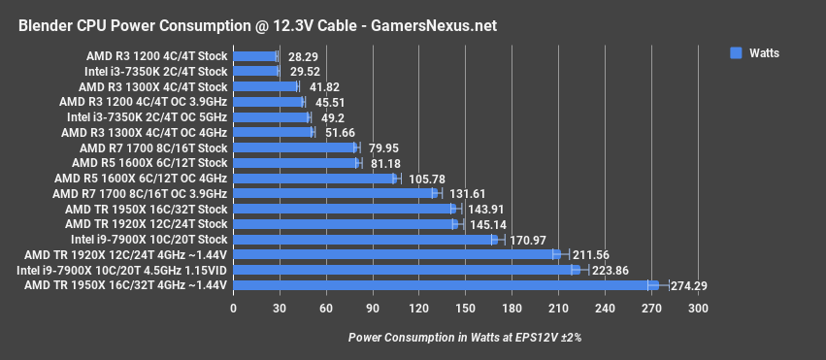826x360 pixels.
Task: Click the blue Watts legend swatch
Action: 736,52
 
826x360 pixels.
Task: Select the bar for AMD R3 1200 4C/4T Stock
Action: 254,56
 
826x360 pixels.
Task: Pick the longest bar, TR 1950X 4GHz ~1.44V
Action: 446,285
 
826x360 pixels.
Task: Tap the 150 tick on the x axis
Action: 465,309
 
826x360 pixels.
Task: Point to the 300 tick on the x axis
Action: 697,309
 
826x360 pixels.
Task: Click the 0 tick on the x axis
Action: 233,309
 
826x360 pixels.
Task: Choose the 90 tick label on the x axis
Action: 373,309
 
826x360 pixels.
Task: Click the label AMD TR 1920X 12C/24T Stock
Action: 147,224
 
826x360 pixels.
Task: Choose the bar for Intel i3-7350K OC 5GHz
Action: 271,117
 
